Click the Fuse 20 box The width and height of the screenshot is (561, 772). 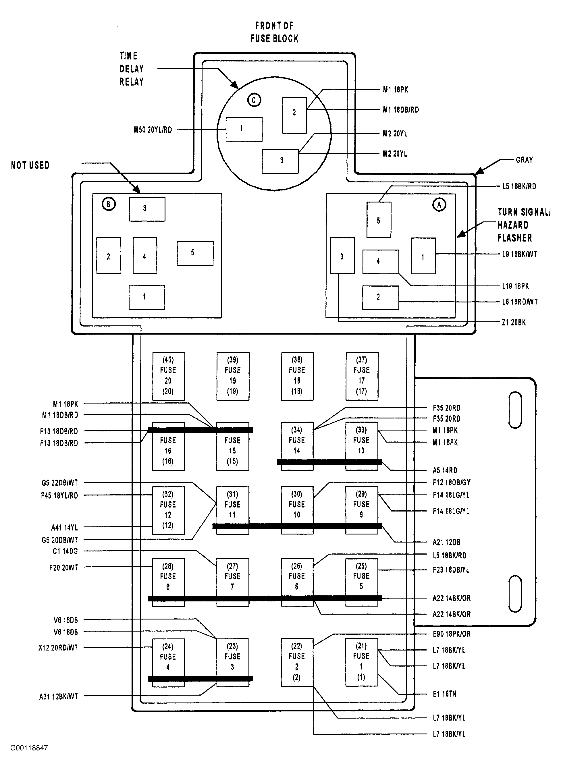(168, 376)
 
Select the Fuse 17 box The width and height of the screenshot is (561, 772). (362, 376)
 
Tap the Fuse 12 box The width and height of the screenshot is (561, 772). (168, 510)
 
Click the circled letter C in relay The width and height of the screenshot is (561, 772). (254, 100)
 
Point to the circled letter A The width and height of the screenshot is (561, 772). (439, 204)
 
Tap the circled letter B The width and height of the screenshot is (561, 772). (109, 204)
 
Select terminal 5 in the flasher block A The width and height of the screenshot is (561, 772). (379, 220)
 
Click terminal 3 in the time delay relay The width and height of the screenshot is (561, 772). (280, 161)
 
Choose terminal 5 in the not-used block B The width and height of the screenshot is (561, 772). (195, 253)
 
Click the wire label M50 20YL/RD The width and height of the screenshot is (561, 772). (153, 130)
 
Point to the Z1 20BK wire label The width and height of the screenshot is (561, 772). (514, 322)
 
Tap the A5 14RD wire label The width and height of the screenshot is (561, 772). (445, 470)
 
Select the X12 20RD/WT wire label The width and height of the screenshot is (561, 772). (58, 648)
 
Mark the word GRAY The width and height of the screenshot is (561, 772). (524, 160)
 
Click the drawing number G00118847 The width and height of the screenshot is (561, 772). (29, 748)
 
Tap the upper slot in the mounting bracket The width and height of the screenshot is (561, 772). (515, 410)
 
